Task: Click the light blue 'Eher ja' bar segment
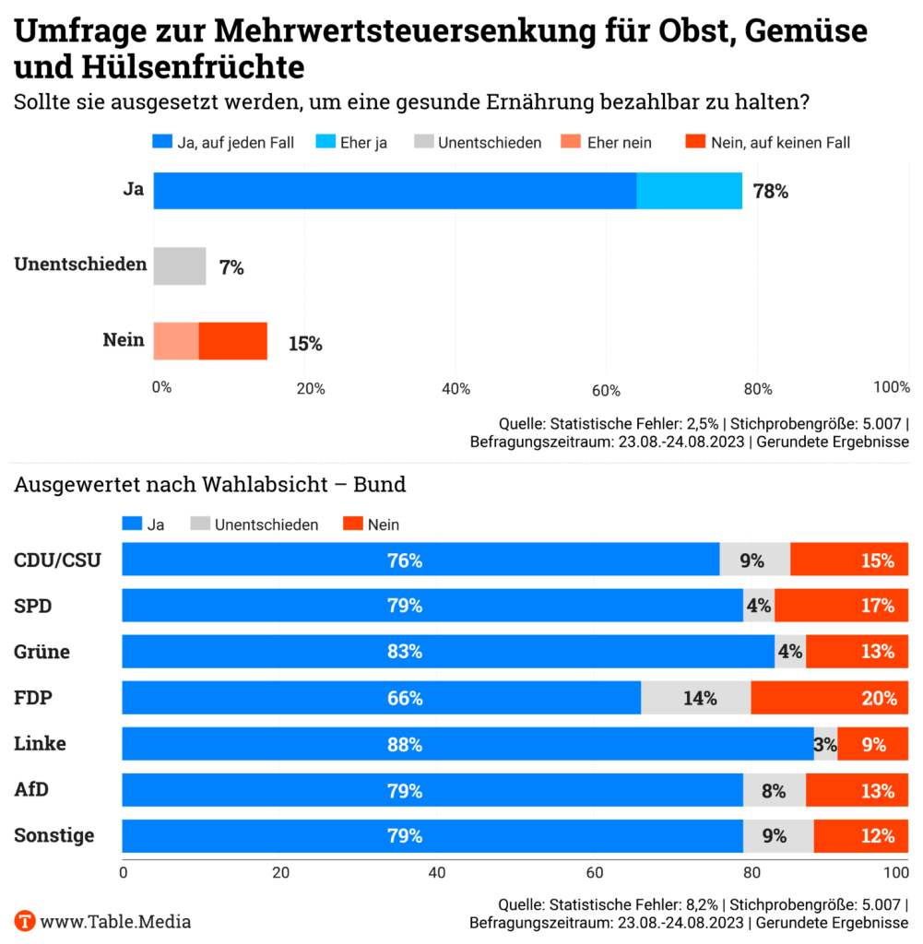(689, 191)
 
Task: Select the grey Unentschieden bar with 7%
(180, 266)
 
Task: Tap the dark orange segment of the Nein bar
(232, 341)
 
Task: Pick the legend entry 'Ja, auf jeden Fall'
(223, 142)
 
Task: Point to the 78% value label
(771, 192)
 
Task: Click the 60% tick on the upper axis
(607, 388)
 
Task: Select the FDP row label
(33, 698)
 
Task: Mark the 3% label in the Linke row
(825, 744)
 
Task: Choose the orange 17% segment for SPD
(841, 606)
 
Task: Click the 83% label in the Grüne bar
(405, 652)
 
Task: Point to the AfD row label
(31, 790)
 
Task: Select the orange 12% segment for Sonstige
(861, 836)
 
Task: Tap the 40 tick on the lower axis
(437, 871)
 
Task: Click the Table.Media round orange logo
(25, 920)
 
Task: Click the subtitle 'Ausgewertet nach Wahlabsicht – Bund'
(210, 484)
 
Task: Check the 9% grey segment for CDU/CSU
(754, 560)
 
